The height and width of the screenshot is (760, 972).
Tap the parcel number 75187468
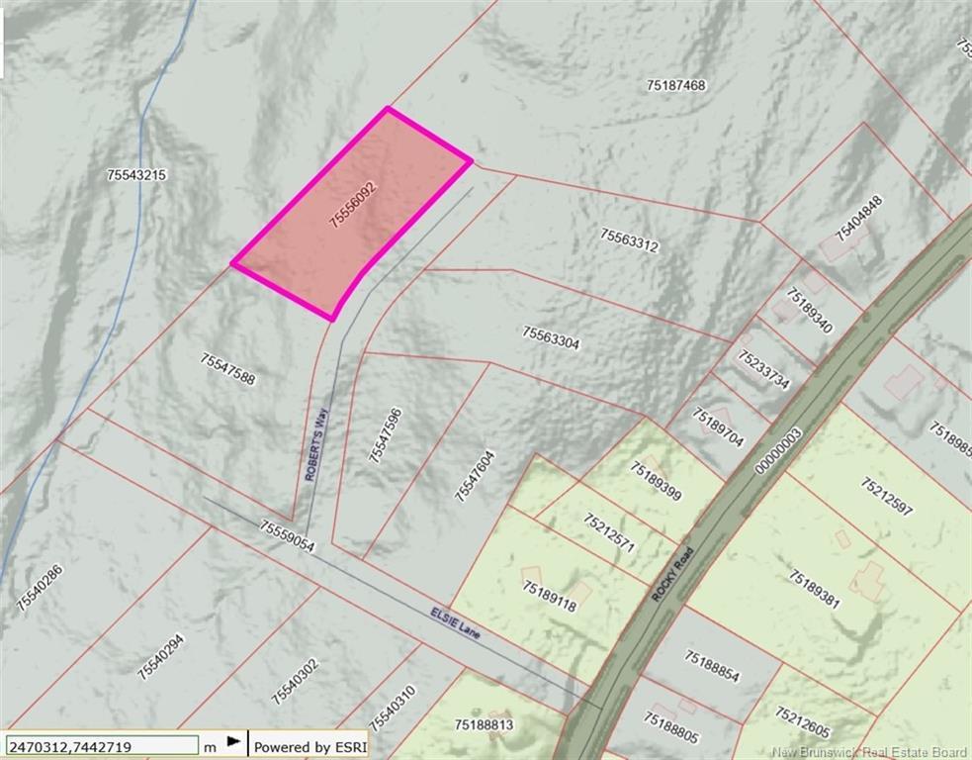[676, 86]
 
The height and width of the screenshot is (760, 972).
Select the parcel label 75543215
[136, 175]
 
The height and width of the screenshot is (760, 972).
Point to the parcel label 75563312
[629, 239]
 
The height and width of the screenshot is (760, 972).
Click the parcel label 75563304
[551, 338]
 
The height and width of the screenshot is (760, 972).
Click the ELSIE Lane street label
[455, 622]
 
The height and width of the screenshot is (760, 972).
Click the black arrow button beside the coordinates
[234, 741]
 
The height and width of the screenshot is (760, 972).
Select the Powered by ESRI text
[306, 746]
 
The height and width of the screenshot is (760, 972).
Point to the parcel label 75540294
[160, 654]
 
